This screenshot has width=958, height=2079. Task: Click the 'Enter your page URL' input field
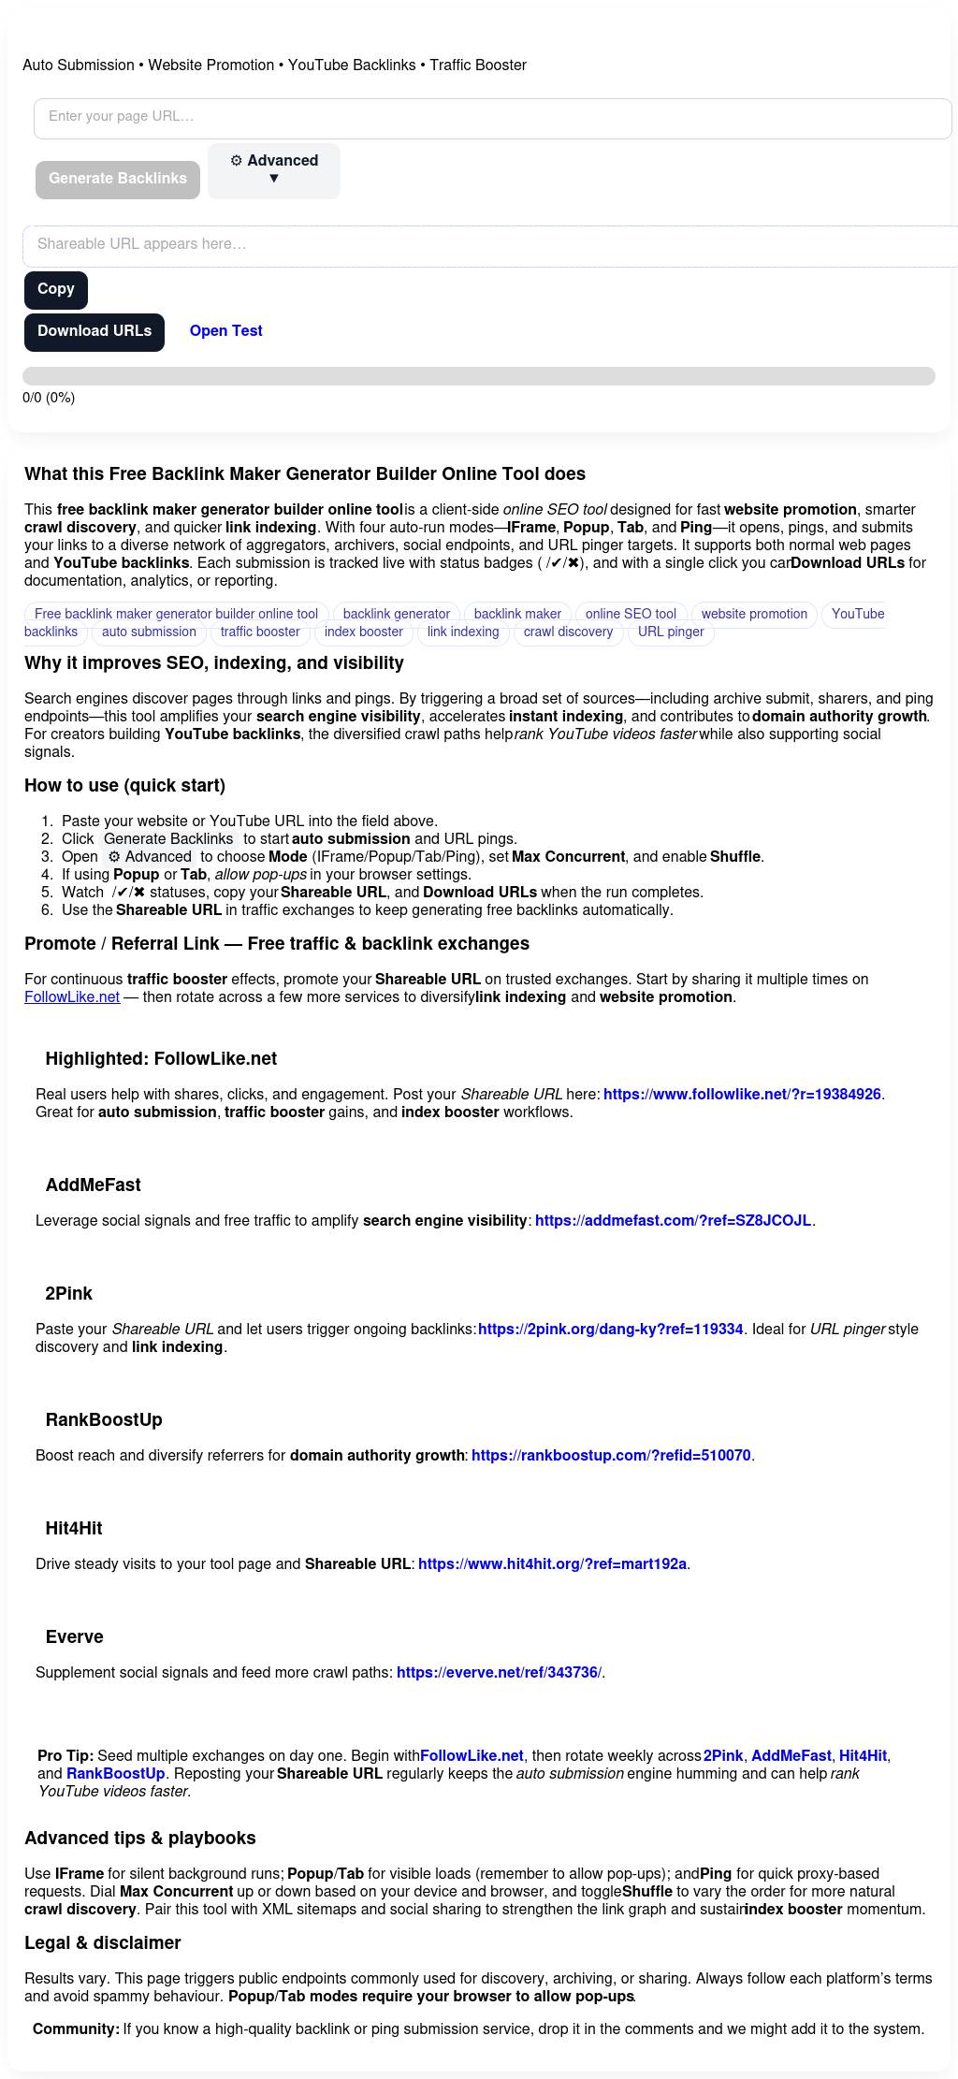(x=492, y=118)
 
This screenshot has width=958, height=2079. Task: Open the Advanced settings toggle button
(x=274, y=170)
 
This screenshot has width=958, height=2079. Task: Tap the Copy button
(x=56, y=289)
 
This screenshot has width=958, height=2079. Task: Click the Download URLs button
(x=94, y=332)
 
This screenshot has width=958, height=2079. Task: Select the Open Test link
(x=225, y=331)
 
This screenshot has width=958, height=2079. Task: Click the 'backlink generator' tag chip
(x=397, y=615)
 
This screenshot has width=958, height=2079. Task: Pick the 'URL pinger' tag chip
(x=671, y=632)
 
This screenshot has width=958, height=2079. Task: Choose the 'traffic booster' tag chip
(x=260, y=632)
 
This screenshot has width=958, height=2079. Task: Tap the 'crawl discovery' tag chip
(x=568, y=632)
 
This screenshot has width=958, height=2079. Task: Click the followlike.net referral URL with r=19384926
(x=742, y=1095)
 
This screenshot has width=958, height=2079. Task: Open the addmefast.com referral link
(x=673, y=1221)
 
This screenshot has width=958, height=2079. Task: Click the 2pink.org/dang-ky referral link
(x=610, y=1330)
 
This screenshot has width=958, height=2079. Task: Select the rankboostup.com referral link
(x=611, y=1456)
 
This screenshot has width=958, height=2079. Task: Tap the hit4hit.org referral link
(x=552, y=1564)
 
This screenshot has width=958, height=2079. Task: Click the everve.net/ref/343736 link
(x=499, y=1673)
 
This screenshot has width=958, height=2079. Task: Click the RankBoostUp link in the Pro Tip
(x=115, y=1774)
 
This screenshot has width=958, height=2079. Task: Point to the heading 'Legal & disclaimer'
(x=103, y=1943)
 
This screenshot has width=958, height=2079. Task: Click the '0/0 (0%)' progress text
(x=49, y=398)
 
